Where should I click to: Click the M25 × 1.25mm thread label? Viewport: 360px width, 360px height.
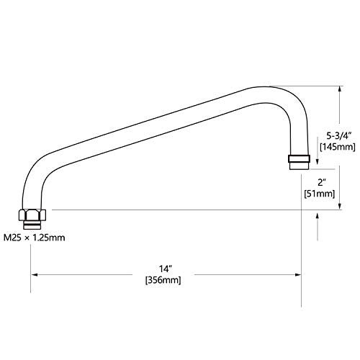(35, 238)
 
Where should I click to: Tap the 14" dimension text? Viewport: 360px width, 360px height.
(164, 269)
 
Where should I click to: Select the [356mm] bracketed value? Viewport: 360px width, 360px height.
(163, 280)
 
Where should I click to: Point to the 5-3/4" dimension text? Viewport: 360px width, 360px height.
(339, 136)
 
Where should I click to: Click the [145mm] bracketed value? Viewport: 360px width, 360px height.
(338, 147)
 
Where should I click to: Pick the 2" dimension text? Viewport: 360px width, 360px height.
(320, 183)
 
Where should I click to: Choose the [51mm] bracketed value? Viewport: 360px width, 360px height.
(320, 194)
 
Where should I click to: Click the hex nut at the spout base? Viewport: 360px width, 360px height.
(32, 215)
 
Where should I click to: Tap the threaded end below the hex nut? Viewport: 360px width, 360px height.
(32, 225)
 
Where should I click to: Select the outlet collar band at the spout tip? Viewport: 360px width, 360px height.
(299, 158)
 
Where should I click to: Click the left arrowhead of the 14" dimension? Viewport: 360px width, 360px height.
(35, 274)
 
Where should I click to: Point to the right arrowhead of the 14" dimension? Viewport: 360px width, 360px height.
(298, 274)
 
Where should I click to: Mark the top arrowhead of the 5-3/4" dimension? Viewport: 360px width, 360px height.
(339, 89)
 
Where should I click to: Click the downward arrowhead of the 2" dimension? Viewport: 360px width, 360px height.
(339, 206)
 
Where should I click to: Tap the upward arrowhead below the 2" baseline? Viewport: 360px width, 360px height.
(318, 217)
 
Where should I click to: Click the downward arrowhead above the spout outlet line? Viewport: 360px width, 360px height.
(318, 161)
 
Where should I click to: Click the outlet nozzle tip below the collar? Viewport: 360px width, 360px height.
(299, 166)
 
